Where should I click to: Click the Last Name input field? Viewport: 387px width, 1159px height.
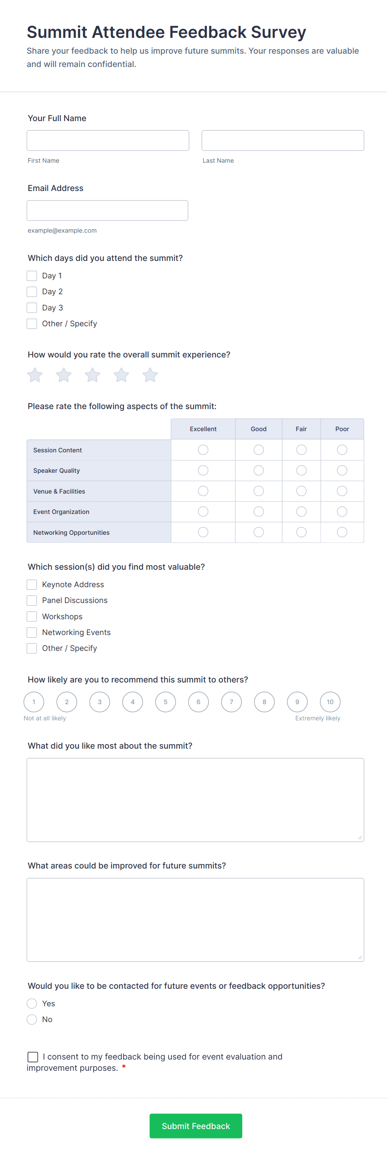(x=282, y=140)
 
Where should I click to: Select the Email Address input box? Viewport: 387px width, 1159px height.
(x=107, y=211)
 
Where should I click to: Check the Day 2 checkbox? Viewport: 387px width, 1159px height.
(x=32, y=292)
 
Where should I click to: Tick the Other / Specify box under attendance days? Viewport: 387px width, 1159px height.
(x=32, y=323)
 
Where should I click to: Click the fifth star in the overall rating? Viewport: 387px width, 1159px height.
(x=150, y=375)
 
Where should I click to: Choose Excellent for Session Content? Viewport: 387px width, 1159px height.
(x=203, y=449)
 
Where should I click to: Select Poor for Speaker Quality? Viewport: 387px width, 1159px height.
(x=342, y=470)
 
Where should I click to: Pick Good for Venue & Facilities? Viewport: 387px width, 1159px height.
(x=258, y=491)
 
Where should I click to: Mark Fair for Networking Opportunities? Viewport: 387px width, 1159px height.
(x=301, y=532)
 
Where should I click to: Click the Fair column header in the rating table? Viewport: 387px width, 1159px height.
(x=301, y=429)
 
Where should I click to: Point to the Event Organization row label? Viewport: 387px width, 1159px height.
(x=61, y=511)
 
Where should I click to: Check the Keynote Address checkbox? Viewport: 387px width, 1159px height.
(x=32, y=584)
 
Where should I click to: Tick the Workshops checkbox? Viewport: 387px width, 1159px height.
(x=32, y=616)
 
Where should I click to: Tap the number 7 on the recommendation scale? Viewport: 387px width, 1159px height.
(x=231, y=702)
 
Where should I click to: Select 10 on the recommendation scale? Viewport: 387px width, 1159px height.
(x=330, y=702)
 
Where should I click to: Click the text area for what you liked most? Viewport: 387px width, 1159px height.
(x=195, y=799)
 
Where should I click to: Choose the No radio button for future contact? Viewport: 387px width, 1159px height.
(x=32, y=1019)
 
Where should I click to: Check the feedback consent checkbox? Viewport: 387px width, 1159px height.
(x=33, y=1057)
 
